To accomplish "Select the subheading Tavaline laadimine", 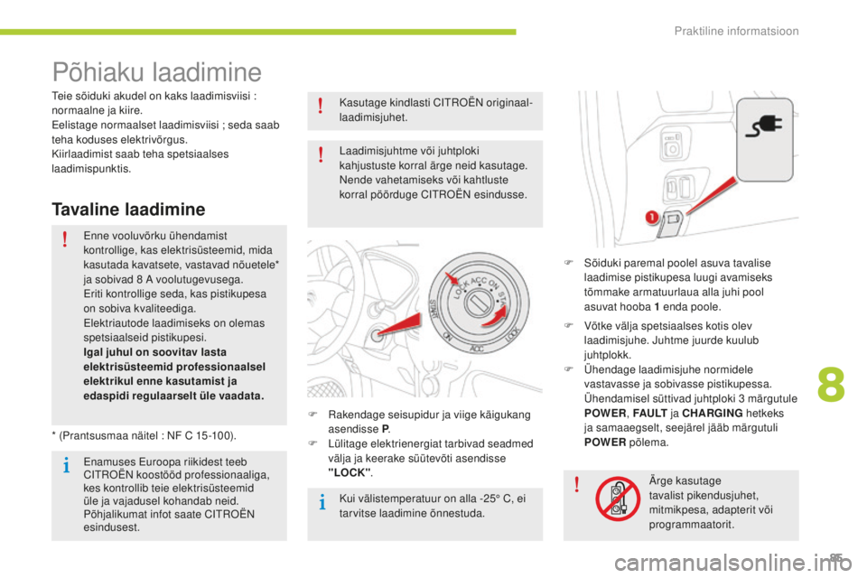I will point(129,209).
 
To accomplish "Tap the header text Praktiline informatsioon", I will point(736,32).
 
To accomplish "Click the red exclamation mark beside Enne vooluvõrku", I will point(67,239).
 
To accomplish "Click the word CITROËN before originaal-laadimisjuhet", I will point(418,102).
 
